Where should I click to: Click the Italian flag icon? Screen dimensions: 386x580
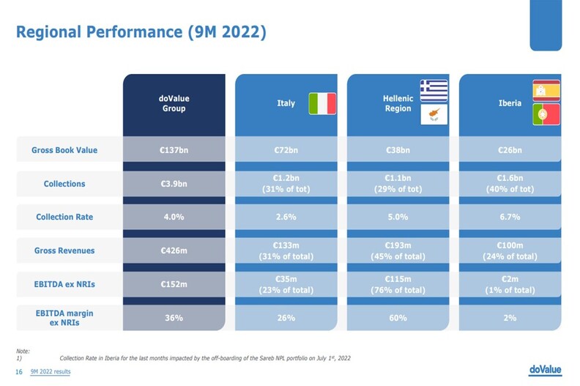click(x=321, y=103)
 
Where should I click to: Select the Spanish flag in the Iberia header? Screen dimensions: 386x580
click(x=546, y=91)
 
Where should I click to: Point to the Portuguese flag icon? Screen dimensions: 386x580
click(x=546, y=114)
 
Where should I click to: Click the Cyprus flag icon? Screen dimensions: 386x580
click(x=434, y=114)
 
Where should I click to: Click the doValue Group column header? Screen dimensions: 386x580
click(x=174, y=103)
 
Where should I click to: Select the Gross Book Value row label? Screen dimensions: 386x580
click(x=64, y=150)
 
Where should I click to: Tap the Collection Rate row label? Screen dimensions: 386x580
click(x=64, y=217)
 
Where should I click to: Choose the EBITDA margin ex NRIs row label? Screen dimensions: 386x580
click(x=64, y=318)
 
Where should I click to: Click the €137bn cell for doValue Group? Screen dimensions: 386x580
click(x=174, y=150)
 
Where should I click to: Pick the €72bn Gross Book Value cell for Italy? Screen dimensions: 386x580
click(x=286, y=150)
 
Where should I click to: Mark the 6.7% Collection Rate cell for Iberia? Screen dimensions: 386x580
click(x=510, y=217)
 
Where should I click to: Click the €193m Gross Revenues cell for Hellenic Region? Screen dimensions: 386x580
click(x=398, y=250)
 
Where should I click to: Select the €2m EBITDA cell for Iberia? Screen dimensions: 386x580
click(x=510, y=284)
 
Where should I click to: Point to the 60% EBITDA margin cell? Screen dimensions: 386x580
click(x=398, y=318)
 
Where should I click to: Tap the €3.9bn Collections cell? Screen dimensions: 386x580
click(x=174, y=183)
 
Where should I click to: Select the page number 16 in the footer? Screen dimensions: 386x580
click(x=20, y=372)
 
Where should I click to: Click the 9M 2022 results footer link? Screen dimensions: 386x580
click(x=51, y=372)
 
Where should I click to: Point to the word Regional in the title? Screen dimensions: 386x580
click(x=54, y=33)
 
